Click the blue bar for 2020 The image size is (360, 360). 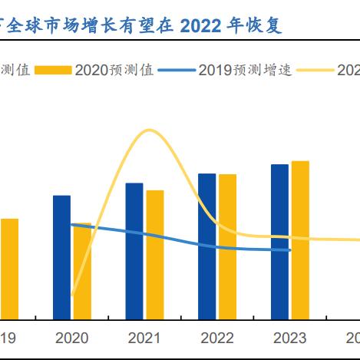(x=61, y=257)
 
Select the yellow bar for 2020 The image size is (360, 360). (x=82, y=271)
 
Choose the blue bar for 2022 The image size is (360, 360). (x=206, y=246)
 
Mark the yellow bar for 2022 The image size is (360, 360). (x=227, y=246)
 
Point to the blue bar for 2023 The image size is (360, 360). (x=279, y=242)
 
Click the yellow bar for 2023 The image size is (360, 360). (x=300, y=240)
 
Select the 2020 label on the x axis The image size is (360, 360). (x=72, y=339)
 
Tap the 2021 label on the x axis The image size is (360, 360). (x=144, y=339)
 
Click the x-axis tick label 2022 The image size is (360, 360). (x=217, y=339)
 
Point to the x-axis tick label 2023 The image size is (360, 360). (x=289, y=339)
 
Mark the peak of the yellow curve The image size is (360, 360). (x=148, y=130)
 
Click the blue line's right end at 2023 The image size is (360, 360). (x=290, y=249)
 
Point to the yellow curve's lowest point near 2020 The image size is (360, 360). (x=72, y=295)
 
